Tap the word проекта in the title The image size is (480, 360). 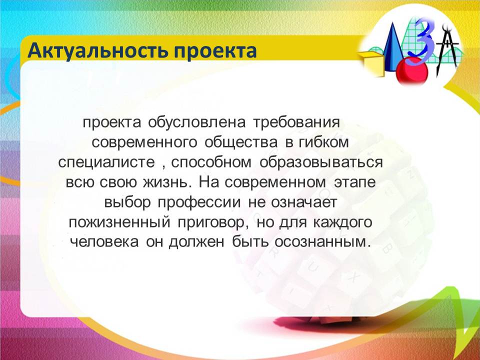[x=215, y=51]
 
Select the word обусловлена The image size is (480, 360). [x=197, y=122]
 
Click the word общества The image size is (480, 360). [x=241, y=142]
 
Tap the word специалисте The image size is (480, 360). [x=106, y=162]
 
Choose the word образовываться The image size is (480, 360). [x=321, y=162]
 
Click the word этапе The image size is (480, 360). [x=354, y=182]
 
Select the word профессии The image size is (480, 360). [x=199, y=202]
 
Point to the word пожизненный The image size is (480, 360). [x=119, y=222]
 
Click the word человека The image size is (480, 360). [x=104, y=242]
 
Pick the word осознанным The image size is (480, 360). [x=320, y=242]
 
